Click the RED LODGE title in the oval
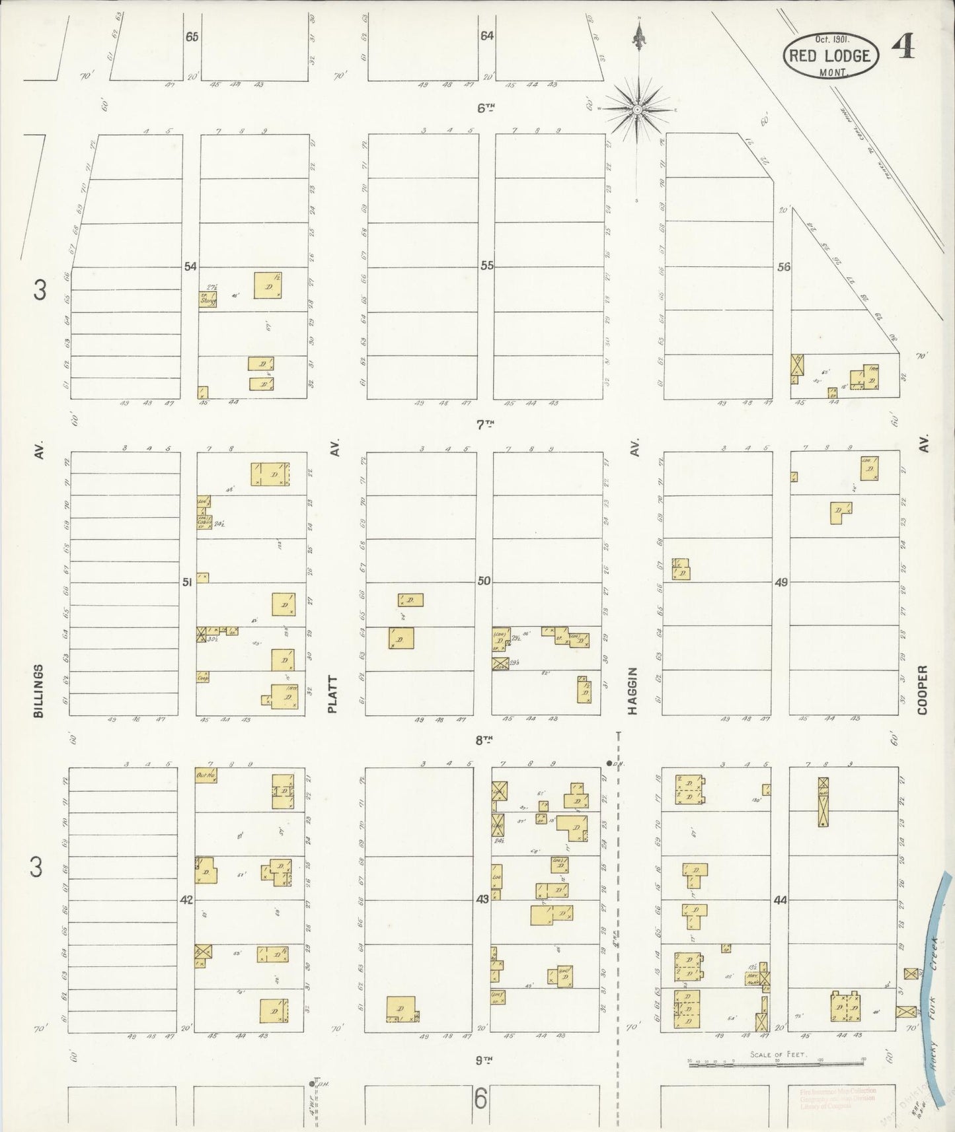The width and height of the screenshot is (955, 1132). tap(829, 55)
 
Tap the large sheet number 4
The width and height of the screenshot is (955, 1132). tap(903, 47)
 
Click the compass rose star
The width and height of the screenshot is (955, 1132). tap(638, 109)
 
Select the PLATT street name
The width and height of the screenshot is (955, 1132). tap(333, 694)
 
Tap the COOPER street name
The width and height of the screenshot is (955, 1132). tap(923, 690)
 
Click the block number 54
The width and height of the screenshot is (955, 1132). tap(190, 267)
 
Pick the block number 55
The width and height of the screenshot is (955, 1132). tap(487, 265)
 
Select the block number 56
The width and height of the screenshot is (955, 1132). tap(784, 267)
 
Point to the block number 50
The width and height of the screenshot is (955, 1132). tap(484, 581)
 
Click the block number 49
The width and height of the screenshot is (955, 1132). tap(782, 583)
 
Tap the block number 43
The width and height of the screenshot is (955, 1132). tap(482, 899)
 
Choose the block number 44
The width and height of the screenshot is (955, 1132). tap(781, 900)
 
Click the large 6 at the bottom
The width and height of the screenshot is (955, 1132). tap(480, 1100)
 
